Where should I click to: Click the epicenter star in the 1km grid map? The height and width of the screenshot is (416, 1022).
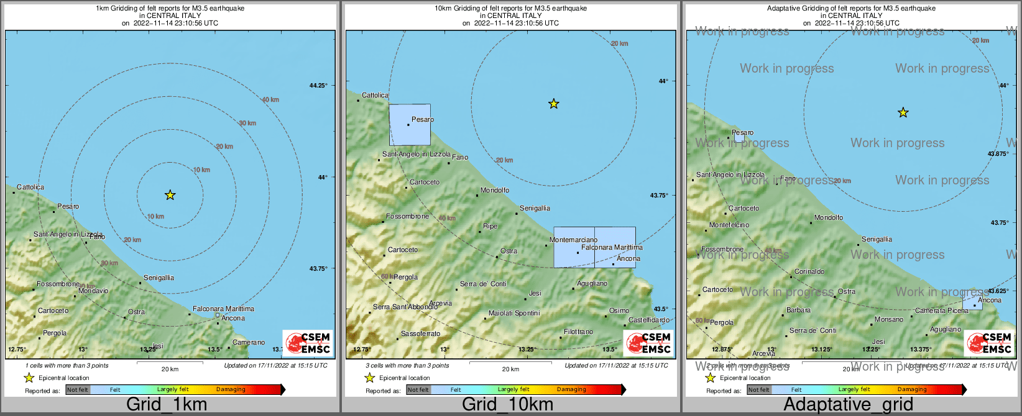(170, 196)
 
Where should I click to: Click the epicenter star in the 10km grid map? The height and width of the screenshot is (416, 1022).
(554, 104)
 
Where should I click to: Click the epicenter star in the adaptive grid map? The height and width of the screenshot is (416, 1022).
(903, 113)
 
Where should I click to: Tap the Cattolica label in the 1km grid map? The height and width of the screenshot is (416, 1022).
(30, 187)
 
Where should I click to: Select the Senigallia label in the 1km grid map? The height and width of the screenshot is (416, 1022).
(159, 278)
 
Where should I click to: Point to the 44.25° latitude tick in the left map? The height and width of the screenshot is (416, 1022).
(318, 86)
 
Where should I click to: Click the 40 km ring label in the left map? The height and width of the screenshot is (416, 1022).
(270, 100)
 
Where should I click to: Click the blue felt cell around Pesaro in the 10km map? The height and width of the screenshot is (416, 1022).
(410, 125)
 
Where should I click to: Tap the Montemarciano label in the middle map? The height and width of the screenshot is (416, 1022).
(573, 240)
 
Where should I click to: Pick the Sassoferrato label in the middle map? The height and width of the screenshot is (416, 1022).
(420, 333)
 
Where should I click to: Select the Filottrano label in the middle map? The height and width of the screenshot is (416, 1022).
(578, 332)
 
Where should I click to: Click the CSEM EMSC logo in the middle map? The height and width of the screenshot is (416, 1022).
(648, 343)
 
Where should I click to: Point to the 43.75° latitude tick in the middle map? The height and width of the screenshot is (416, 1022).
(659, 196)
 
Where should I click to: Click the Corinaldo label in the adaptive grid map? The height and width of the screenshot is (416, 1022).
(809, 271)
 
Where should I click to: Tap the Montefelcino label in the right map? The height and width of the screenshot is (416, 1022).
(729, 225)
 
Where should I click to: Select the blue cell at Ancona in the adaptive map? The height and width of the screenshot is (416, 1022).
(972, 299)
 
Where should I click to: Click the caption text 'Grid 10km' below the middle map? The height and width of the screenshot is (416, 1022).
(507, 405)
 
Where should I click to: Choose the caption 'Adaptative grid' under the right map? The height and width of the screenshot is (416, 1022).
(848, 405)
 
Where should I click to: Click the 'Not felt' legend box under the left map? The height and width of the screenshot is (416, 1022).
(78, 390)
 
